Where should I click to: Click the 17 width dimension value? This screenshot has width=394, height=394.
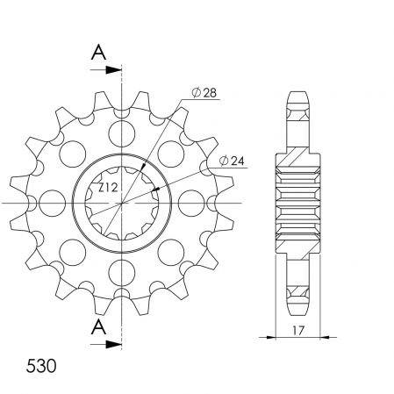pos(300,324)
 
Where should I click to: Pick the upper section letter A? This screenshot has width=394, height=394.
pos(100,51)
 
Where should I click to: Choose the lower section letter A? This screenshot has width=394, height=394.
pos(100,328)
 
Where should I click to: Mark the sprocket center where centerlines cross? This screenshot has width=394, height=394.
pos(121,204)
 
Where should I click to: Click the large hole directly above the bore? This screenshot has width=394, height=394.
pos(121,133)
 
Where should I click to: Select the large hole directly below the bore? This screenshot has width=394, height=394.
pos(121,275)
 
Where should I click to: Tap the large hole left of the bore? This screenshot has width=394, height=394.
pos(50,204)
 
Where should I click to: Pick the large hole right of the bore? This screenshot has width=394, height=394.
pos(192,204)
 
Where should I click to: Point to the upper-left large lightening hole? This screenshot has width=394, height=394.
pos(71,154)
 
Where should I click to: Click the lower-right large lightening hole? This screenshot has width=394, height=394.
pos(171,254)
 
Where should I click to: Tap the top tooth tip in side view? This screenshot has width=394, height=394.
pos(299,92)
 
